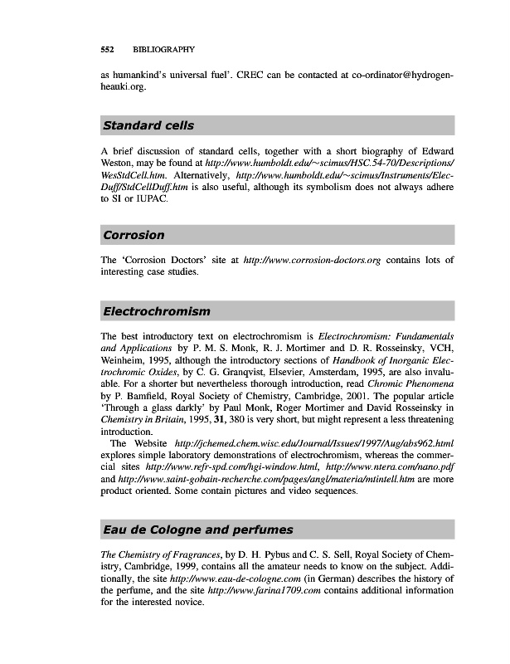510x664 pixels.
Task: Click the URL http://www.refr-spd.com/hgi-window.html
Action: tap(226, 468)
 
